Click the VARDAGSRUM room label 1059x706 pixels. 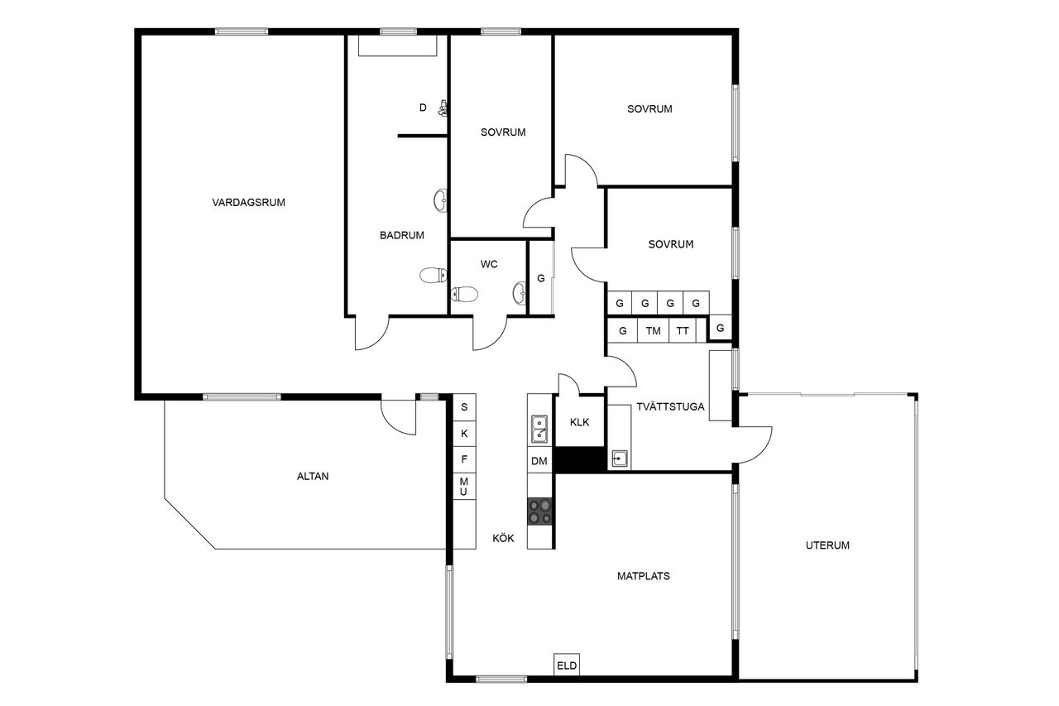click(x=248, y=203)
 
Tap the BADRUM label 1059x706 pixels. click(x=402, y=235)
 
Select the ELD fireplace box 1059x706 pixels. click(x=567, y=665)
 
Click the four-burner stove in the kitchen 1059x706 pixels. click(x=539, y=511)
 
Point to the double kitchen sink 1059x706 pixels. click(x=539, y=429)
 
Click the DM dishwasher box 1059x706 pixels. click(x=539, y=460)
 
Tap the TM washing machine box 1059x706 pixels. click(x=653, y=330)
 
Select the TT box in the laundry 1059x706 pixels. click(x=683, y=330)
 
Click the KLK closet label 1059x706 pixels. click(x=580, y=422)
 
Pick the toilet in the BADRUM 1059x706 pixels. click(x=433, y=275)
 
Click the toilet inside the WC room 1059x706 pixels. click(x=464, y=294)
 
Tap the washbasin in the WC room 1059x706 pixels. click(x=520, y=293)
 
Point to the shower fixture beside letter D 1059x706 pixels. click(x=443, y=108)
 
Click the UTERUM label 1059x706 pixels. click(x=827, y=545)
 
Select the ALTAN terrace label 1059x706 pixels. click(x=313, y=476)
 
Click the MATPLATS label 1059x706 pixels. click(x=644, y=576)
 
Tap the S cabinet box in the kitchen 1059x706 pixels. click(x=464, y=406)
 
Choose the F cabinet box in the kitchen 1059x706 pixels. click(x=464, y=459)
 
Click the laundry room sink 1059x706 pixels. click(x=620, y=459)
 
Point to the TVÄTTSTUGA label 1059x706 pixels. click(x=670, y=406)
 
